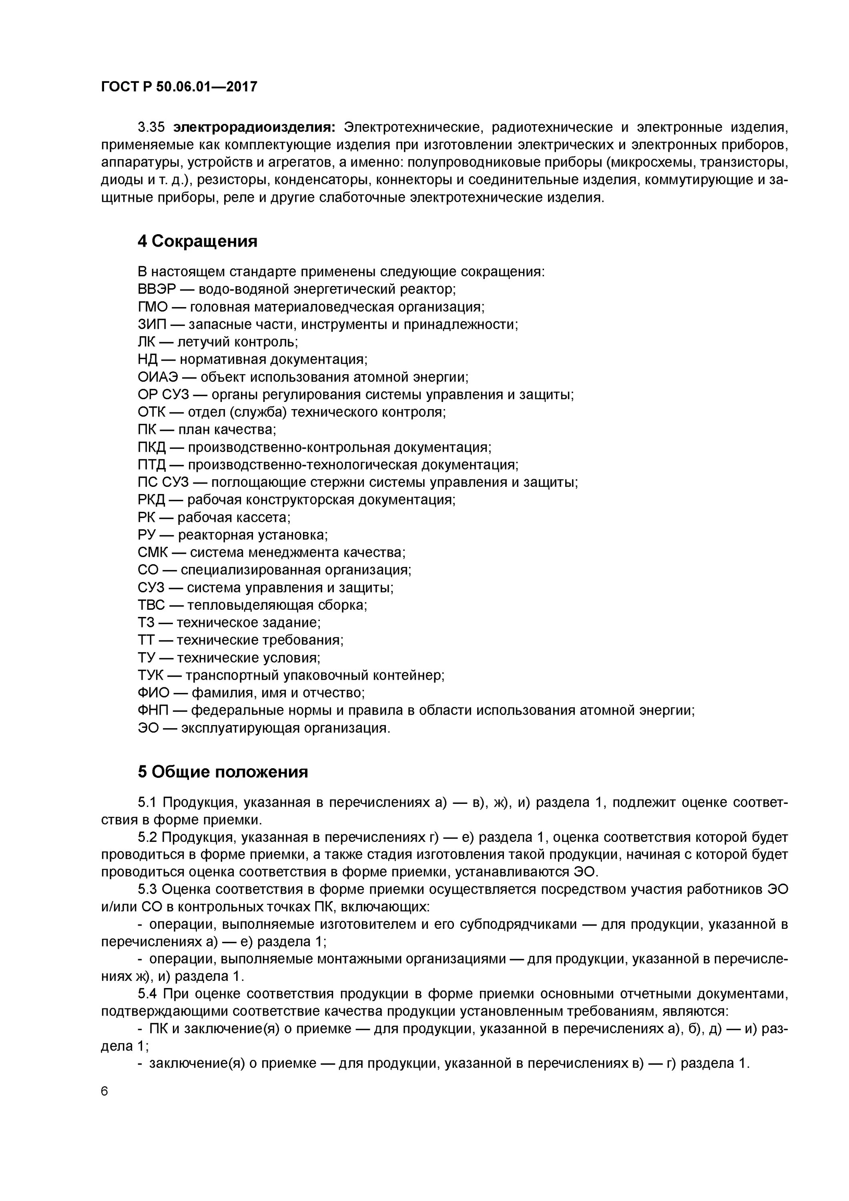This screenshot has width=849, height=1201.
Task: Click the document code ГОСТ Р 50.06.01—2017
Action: click(x=179, y=87)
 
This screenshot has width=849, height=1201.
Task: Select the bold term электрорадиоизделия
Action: click(x=254, y=127)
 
